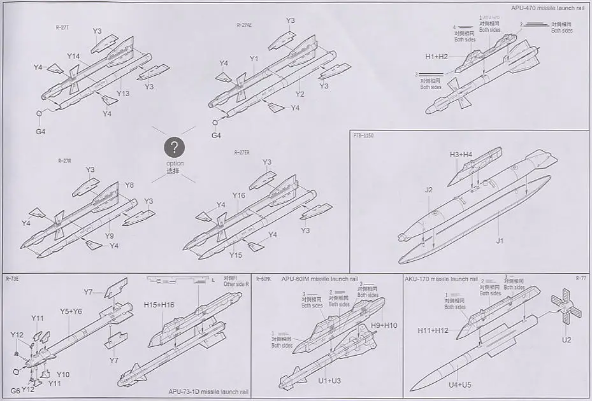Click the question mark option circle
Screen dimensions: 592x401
(x=174, y=148)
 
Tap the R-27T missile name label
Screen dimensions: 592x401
(x=63, y=27)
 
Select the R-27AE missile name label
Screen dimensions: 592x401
(x=244, y=25)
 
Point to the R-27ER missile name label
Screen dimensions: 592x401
(x=242, y=153)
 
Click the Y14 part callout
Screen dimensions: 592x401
(x=73, y=57)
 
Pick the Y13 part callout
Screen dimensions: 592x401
(x=123, y=94)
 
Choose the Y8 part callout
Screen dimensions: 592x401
(x=129, y=185)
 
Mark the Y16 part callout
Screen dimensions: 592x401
(x=238, y=195)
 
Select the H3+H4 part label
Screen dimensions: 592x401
(x=461, y=155)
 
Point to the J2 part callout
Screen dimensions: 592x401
(x=429, y=190)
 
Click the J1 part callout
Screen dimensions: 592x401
(x=500, y=241)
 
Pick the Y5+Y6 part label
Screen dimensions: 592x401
(x=71, y=311)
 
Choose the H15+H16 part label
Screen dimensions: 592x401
(x=159, y=305)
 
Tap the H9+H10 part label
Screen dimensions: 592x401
(x=384, y=325)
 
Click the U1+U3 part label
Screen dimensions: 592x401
(x=330, y=380)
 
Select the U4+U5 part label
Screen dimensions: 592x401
(x=459, y=384)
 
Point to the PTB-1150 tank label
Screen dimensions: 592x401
(x=363, y=135)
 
